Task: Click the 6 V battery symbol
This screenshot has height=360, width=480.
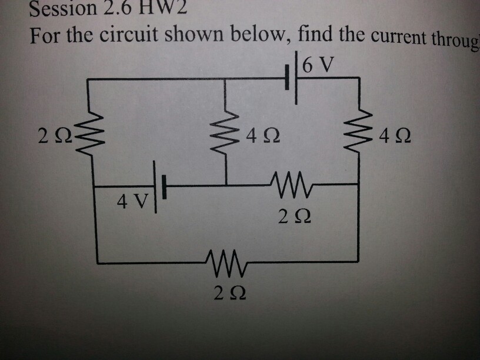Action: pos(292,78)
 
